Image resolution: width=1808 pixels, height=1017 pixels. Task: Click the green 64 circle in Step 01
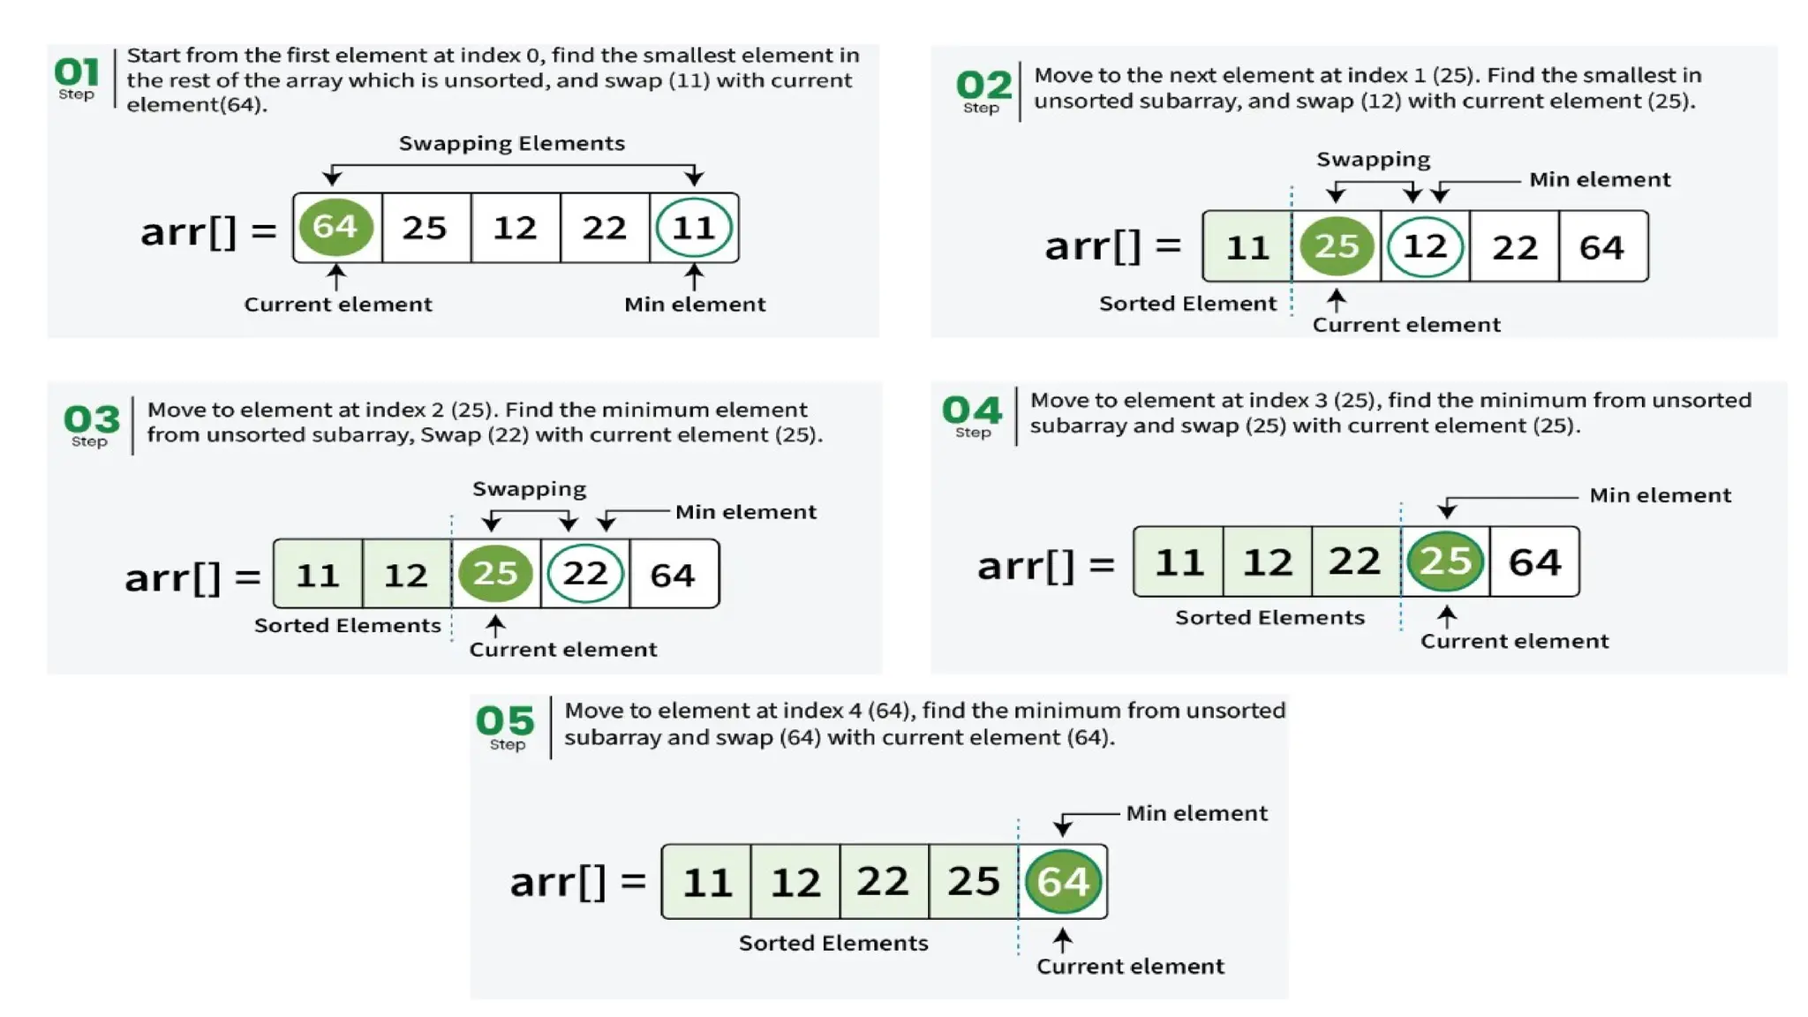click(335, 227)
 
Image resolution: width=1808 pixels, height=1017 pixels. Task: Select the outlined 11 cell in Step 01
click(694, 228)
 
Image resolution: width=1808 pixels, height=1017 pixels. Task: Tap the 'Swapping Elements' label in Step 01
click(511, 143)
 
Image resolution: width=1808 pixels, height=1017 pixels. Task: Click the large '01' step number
click(77, 72)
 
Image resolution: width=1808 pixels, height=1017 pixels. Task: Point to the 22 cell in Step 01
click(604, 228)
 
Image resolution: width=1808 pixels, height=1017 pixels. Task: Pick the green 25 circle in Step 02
click(1337, 246)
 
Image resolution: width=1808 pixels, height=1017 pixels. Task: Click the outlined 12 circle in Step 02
click(1425, 246)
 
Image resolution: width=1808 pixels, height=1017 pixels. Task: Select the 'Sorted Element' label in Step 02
click(1187, 304)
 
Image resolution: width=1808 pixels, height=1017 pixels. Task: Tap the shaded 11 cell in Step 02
click(1247, 247)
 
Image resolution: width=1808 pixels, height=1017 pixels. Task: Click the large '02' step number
click(983, 85)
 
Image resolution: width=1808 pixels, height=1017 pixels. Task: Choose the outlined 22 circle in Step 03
click(584, 574)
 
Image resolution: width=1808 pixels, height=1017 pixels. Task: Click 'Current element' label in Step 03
click(562, 650)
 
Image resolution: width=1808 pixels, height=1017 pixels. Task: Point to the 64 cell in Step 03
click(673, 575)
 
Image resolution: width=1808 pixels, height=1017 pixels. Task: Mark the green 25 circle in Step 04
click(1444, 561)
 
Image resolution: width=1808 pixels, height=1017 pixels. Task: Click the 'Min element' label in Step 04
click(1660, 495)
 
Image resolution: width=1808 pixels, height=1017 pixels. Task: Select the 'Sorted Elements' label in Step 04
click(1269, 618)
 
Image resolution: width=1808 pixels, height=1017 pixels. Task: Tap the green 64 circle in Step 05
click(1063, 881)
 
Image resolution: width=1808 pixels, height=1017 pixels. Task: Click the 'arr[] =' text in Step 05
click(578, 881)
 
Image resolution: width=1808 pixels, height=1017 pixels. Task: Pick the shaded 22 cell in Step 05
click(883, 881)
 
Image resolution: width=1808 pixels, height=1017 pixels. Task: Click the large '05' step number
click(505, 720)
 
